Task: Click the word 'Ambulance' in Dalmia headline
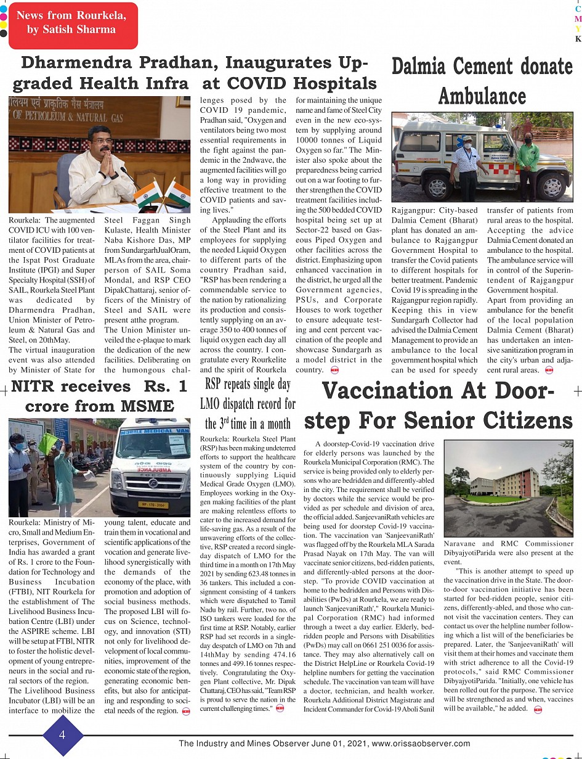pyautogui.click(x=482, y=96)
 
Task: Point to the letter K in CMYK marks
pyautogui.click(x=578, y=39)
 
